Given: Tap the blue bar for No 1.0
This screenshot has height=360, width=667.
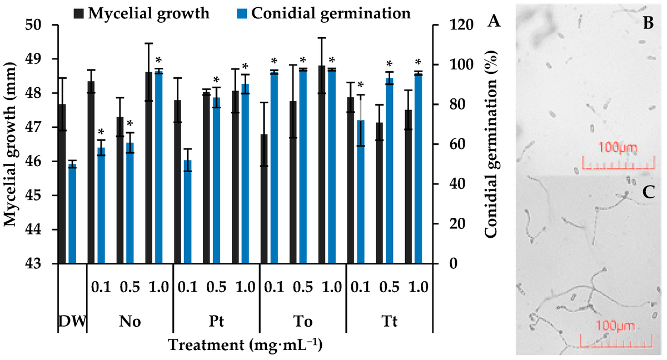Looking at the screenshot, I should pos(159,167).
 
